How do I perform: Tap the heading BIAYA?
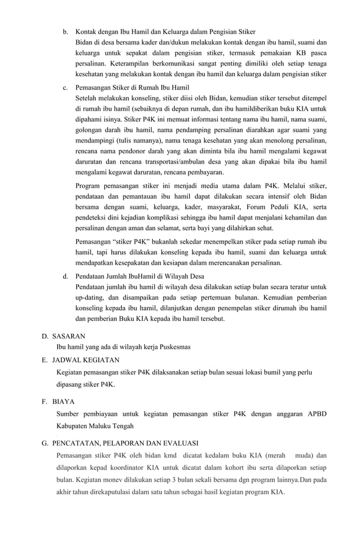pos(64,402)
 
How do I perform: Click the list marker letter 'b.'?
pos(65,31)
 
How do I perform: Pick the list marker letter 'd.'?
pos(65,276)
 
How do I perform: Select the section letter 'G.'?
pos(45,443)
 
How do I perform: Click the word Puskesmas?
pos(174,347)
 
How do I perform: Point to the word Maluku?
pos(106,426)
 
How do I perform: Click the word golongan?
pos(91,130)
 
